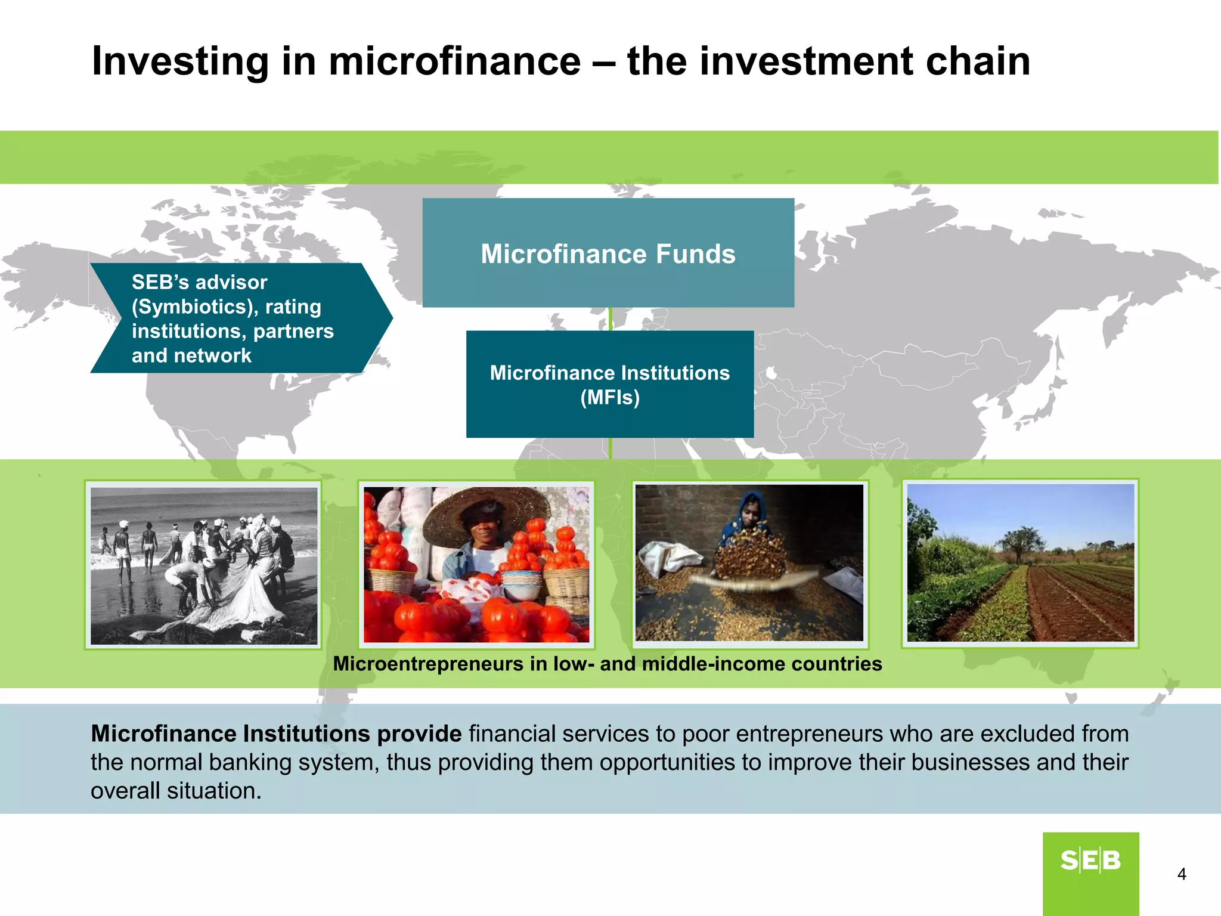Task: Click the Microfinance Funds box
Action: tap(608, 253)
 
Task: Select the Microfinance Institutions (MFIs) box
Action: tap(610, 385)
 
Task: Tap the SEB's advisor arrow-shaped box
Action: tap(238, 318)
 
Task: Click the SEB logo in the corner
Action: tap(1090, 861)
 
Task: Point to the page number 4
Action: tap(1182, 874)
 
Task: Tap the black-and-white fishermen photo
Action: tap(204, 565)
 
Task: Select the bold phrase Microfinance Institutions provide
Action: tap(275, 734)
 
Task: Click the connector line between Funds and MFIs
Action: tap(610, 319)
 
